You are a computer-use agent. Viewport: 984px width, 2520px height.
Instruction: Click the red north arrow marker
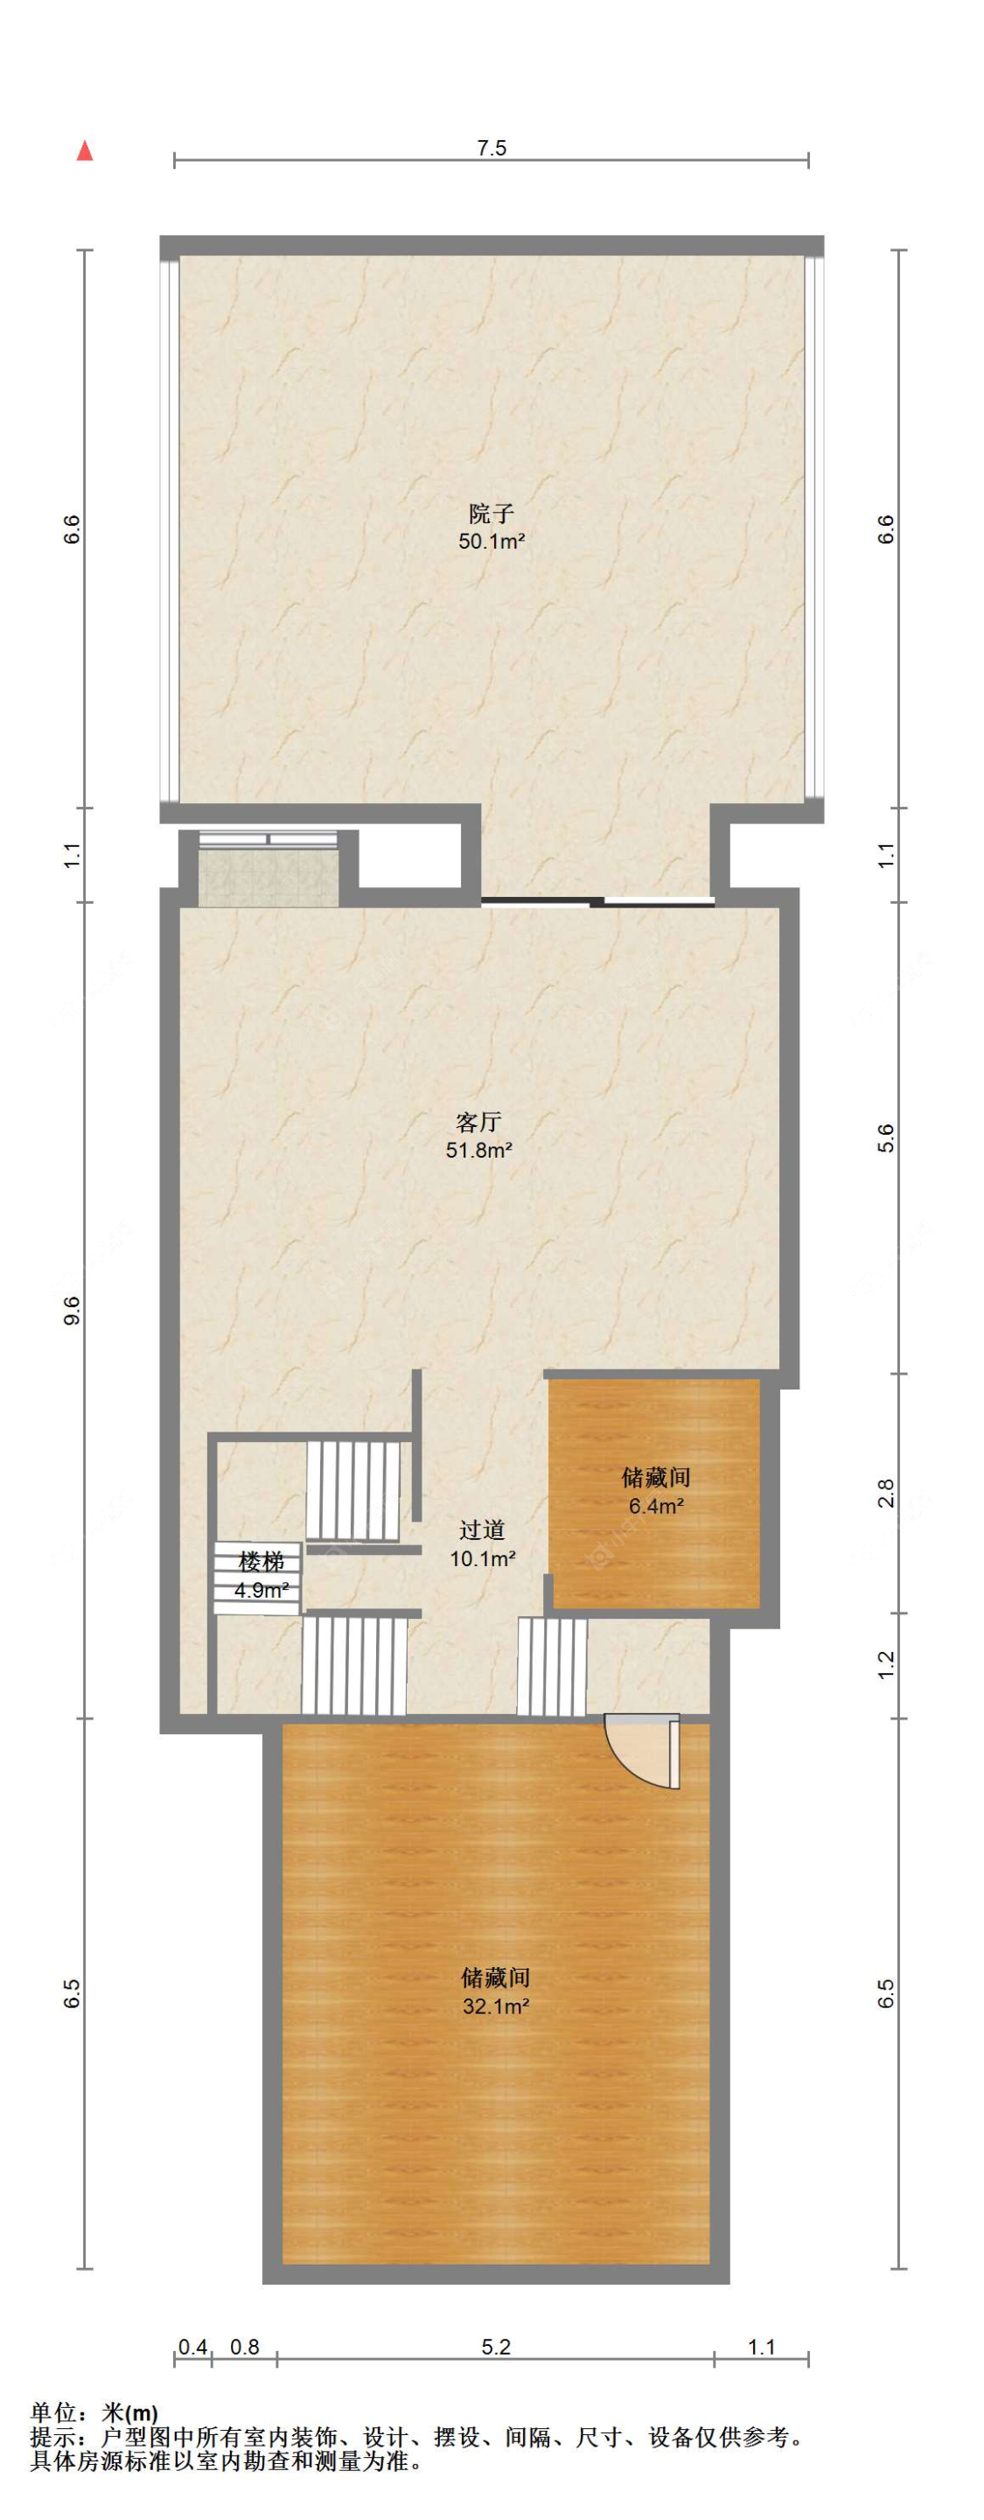85,150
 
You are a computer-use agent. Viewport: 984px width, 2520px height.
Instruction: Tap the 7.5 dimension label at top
491,149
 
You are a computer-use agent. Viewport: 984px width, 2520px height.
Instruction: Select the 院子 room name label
491,513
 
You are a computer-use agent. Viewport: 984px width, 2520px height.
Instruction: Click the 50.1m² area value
492,541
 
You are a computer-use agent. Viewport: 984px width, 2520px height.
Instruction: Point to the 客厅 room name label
478,1122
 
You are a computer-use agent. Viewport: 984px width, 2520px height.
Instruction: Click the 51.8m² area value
479,1151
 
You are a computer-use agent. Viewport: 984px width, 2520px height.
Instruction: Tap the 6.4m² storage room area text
655,1507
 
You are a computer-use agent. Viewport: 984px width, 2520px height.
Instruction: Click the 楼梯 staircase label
262,1561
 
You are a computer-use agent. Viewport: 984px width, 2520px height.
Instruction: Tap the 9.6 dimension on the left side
73,1311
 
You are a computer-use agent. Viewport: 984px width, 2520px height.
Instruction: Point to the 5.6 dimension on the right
886,1138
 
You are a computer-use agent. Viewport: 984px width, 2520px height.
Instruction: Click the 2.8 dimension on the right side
886,1493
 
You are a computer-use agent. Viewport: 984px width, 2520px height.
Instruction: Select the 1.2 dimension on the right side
886,1665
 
